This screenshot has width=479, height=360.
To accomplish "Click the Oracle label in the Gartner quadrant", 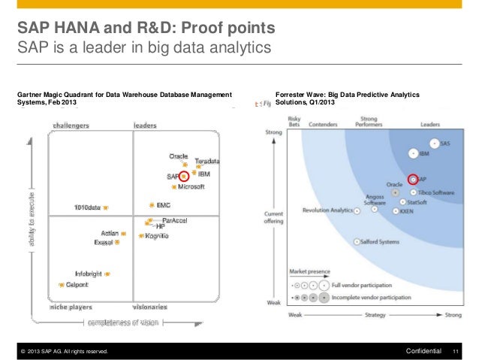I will tap(178, 156).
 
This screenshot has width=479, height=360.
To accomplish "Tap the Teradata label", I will tap(206, 162).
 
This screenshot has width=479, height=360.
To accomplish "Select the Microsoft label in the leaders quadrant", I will tap(191, 186).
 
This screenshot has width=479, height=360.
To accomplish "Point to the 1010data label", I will tap(87, 207).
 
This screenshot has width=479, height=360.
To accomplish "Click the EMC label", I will tap(163, 204).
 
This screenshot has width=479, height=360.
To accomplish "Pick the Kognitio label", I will tap(157, 236).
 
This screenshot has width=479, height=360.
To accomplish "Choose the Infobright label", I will tap(89, 274).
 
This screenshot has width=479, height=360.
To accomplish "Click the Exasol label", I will tap(103, 243).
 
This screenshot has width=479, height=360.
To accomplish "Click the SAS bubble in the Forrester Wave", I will tap(434, 143).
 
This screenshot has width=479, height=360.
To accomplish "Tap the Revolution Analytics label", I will tap(327, 210).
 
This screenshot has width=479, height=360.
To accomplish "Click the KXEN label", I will tap(406, 211).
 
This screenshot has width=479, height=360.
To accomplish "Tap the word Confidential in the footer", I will tap(423, 351).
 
